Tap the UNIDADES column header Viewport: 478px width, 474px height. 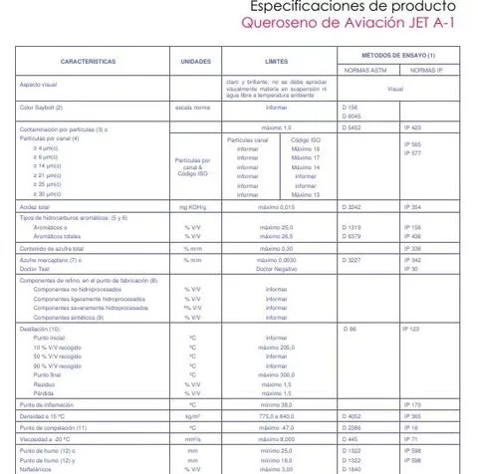tap(195, 62)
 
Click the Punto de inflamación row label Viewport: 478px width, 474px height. tap(47, 404)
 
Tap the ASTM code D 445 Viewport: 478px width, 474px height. tap(349, 438)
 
